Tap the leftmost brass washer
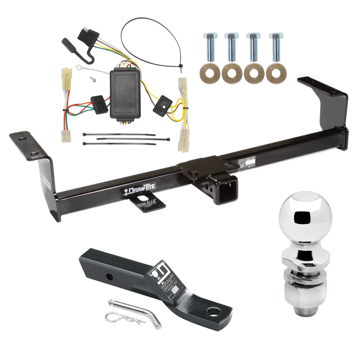click(x=209, y=73)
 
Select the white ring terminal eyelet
click(x=78, y=66)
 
